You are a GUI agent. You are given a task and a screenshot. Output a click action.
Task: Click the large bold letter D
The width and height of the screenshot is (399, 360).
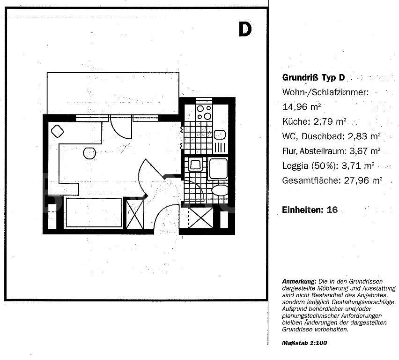pos(245,30)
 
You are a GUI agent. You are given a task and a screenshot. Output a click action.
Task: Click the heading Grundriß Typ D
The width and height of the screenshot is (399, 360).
pos(313,77)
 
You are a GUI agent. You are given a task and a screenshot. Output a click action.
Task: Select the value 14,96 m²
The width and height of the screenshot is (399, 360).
pos(301,106)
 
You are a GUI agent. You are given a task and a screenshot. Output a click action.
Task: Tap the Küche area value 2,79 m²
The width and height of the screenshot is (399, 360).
pos(330,121)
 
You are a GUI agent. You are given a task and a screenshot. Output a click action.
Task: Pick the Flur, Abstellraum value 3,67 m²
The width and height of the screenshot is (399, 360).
pos(365,151)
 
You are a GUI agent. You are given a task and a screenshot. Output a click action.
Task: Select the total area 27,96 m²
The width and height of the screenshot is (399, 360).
pos(363,180)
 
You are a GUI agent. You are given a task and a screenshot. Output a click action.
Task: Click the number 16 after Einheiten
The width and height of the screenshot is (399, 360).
pos(332,210)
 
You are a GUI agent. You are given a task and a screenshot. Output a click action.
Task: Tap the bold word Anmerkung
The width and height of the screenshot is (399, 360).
pos(299,282)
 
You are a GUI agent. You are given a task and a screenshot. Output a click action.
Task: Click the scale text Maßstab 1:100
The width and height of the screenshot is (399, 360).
pos(304,343)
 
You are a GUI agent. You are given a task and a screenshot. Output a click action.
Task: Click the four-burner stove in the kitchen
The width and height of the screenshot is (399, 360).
pos(204,112)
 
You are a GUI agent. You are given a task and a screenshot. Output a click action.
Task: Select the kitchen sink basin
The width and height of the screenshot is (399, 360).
pos(220,135)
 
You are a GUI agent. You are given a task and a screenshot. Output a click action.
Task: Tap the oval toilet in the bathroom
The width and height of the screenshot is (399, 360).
pos(220,190)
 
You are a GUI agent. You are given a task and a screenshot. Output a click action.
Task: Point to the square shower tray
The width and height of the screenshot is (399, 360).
pos(218,168)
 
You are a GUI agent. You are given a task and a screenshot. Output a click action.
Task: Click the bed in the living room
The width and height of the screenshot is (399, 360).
pos(94,212)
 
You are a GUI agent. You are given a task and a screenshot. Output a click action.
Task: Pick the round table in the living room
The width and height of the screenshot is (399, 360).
pos(89,153)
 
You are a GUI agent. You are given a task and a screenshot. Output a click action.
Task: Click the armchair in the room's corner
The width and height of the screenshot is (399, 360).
pos(57,131)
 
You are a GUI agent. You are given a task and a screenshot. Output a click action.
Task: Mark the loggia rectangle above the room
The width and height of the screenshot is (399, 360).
pos(113,93)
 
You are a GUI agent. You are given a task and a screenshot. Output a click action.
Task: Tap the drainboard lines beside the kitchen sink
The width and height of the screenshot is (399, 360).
pos(220,148)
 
